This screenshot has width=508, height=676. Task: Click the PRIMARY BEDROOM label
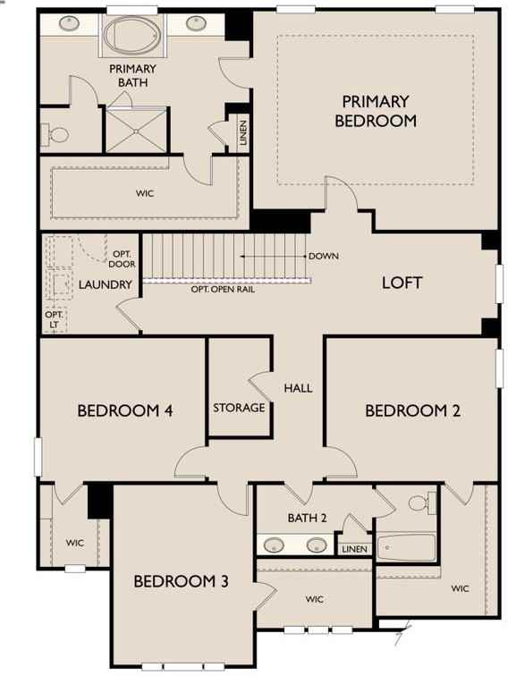click(x=376, y=111)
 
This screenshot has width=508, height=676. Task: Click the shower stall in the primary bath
click(x=136, y=130)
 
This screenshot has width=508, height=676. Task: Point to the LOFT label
click(x=402, y=283)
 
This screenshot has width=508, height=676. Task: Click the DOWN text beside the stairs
click(x=323, y=257)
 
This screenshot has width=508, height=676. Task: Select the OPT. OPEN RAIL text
click(x=227, y=290)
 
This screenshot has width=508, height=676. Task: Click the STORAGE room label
click(x=239, y=408)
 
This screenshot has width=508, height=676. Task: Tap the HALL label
click(x=298, y=388)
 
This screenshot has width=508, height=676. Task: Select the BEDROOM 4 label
click(x=124, y=411)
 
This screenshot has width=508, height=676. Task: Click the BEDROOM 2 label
click(x=412, y=411)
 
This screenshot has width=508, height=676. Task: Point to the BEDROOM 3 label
click(x=181, y=582)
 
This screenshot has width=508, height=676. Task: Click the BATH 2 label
click(x=308, y=518)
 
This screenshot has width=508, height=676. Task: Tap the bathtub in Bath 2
click(x=406, y=546)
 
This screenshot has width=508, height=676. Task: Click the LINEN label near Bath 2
click(x=354, y=549)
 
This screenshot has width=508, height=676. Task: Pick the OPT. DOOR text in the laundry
click(x=121, y=259)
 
